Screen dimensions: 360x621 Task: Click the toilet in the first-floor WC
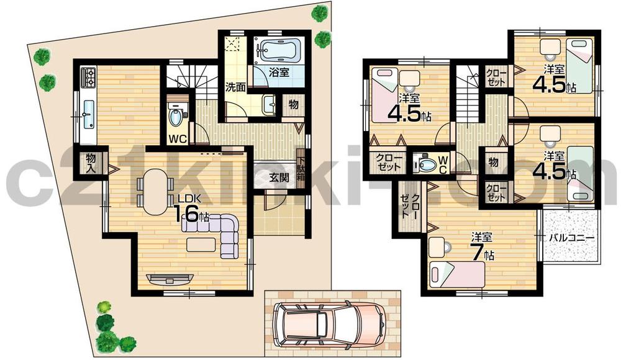coord(175,115)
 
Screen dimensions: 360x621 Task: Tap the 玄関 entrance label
coord(278,177)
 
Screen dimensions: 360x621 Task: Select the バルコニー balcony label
coord(571,238)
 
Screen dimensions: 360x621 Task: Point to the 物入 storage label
coord(90,163)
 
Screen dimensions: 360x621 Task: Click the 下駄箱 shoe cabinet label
coord(301,164)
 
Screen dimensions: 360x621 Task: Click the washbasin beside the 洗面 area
coord(270,105)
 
